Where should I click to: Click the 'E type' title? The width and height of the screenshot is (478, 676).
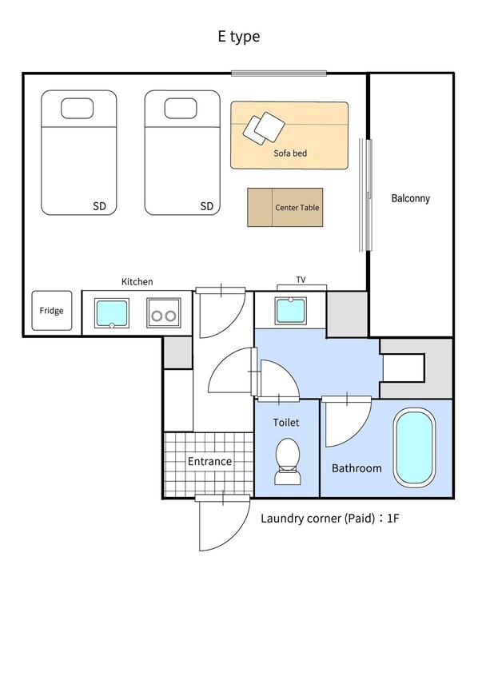[238, 37]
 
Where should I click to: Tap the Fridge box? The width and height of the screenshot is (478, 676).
[52, 311]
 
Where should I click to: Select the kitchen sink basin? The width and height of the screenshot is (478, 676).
[112, 313]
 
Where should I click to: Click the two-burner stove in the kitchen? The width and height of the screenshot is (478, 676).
[164, 313]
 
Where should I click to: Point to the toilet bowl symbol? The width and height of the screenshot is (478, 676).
[288, 461]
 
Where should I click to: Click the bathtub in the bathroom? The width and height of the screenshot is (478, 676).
[414, 447]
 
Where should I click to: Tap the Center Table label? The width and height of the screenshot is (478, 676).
[297, 208]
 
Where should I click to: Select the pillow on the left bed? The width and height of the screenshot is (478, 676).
[78, 108]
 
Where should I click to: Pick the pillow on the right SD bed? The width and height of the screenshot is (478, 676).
[181, 108]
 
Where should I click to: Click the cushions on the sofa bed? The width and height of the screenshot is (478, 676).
[264, 129]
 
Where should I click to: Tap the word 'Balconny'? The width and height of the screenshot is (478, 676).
[410, 198]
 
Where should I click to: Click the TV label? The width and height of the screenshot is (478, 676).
[301, 280]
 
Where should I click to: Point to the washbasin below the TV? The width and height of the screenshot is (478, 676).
[291, 310]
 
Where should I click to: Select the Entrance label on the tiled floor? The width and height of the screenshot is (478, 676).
[209, 461]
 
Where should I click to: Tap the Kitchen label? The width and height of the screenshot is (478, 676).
[137, 281]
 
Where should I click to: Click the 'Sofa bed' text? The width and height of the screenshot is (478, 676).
[290, 153]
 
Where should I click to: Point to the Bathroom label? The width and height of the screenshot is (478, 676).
[357, 468]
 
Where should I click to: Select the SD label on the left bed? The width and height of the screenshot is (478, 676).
[99, 206]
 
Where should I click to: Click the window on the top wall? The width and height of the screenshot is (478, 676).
[279, 74]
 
